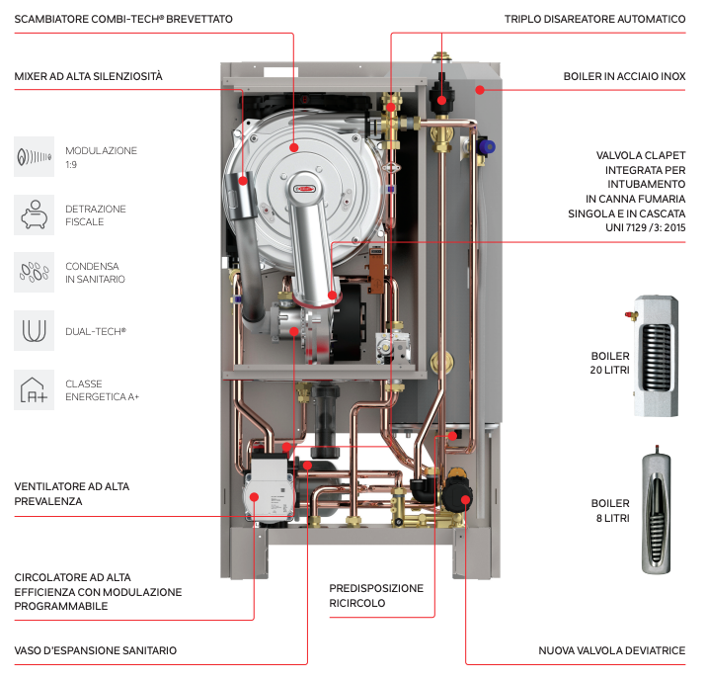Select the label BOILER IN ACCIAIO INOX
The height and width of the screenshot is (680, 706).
pos(624,76)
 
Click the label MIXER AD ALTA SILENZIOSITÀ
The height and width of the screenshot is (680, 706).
pos(89,76)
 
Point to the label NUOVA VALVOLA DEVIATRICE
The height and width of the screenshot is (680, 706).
pos(612,650)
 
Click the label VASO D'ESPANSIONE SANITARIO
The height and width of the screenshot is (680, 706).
pos(96,650)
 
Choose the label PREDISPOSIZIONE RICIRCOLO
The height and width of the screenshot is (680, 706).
pos(376,595)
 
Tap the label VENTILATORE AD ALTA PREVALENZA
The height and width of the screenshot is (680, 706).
pos(72,494)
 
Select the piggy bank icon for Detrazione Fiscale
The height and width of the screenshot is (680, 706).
pos(34,214)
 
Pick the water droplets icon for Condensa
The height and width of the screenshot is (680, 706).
pos(34,272)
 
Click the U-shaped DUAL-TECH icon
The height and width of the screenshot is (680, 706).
pos(34,329)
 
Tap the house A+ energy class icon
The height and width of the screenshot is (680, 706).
pos(34,388)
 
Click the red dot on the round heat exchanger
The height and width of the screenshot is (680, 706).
pos(294,147)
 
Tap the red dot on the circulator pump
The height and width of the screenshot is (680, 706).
pos(254,496)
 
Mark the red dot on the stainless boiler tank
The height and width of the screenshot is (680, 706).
pos(478,89)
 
